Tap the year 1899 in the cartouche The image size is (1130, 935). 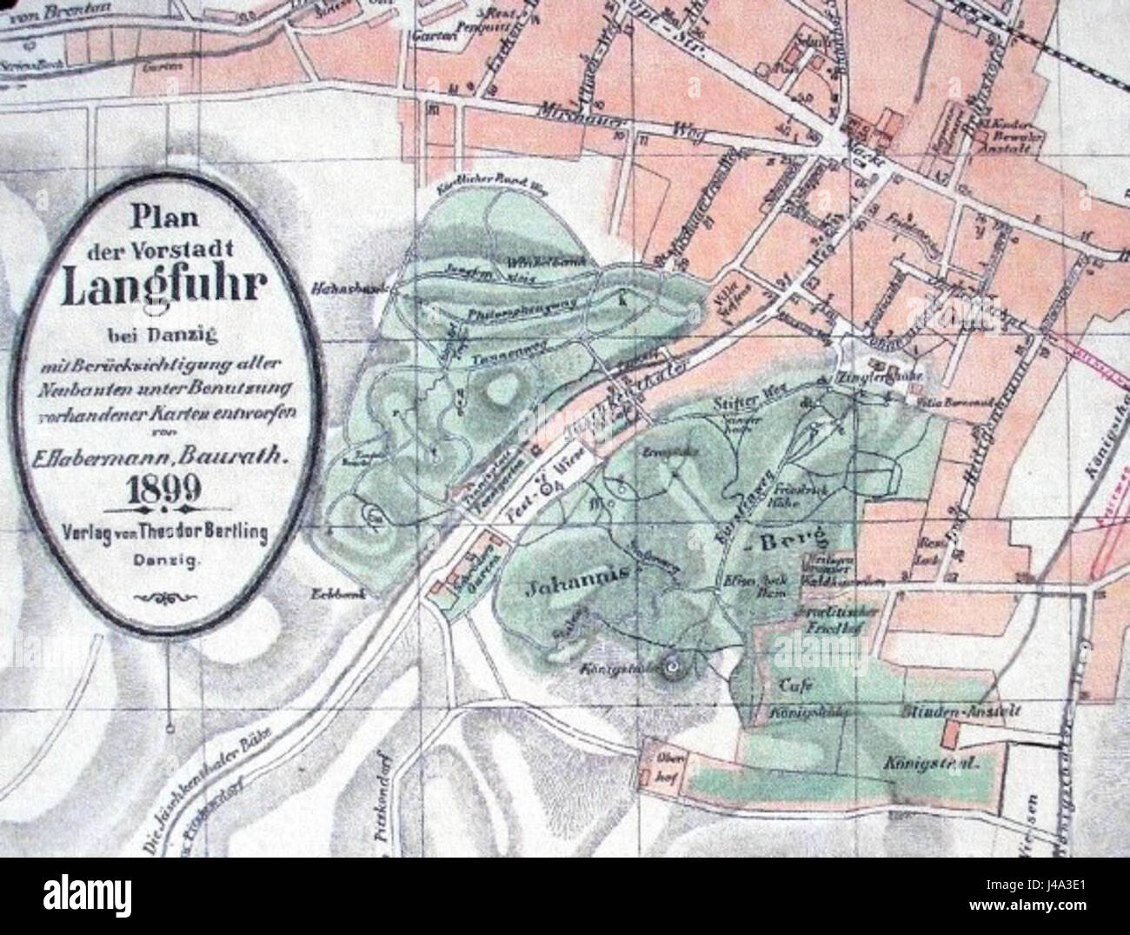coord(164,488)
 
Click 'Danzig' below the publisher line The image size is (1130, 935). coord(165,562)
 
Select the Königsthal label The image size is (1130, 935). coord(930,766)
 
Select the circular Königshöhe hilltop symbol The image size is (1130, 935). coord(672,667)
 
